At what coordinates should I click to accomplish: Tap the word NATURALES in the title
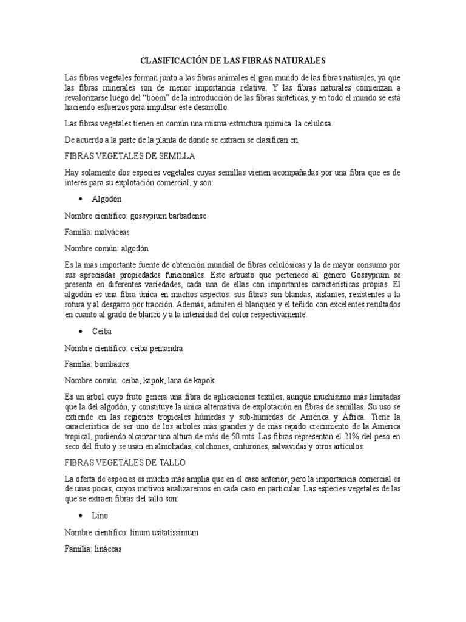point(300,61)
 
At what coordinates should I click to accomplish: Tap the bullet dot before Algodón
point(80,199)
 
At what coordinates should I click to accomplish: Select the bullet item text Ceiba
point(101,332)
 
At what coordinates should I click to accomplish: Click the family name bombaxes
point(113,365)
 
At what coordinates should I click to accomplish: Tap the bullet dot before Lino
point(80,515)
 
